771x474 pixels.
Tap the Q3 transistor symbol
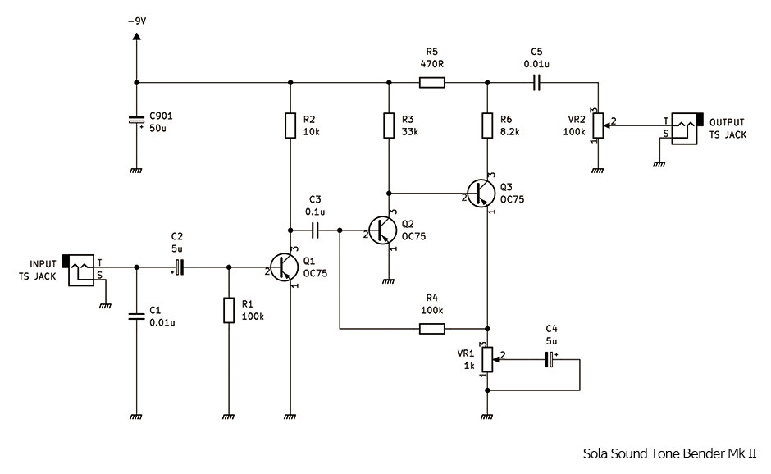point(481,194)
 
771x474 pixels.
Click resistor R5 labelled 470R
point(431,82)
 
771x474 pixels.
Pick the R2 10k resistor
point(290,125)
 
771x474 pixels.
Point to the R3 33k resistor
point(389,125)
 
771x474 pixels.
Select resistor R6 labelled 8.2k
point(488,125)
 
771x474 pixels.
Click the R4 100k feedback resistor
point(431,329)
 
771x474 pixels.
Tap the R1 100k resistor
point(229,311)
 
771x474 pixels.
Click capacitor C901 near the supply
point(136,122)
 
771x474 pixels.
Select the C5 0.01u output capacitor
point(537,82)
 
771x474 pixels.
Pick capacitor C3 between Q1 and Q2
point(316,230)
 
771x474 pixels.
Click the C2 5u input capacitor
point(179,267)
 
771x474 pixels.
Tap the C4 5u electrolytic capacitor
point(550,358)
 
